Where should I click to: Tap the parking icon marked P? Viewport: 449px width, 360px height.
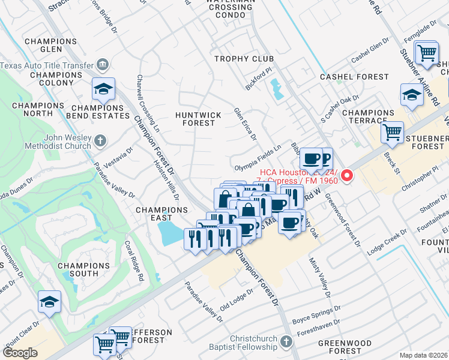point(326,159)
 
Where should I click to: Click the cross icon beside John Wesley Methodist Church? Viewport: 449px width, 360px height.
point(100,141)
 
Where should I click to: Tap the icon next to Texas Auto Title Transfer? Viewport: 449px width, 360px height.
point(102,64)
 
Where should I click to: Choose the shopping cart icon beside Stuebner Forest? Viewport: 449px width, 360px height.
point(392,131)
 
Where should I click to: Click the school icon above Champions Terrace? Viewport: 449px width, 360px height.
point(412,95)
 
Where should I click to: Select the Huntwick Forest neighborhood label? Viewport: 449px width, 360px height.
point(198,119)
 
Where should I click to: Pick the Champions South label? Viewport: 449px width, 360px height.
point(83,269)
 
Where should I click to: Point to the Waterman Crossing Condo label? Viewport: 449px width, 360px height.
point(231,8)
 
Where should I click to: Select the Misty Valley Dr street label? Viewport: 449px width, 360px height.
point(319,277)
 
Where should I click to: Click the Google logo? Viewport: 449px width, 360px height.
point(20,353)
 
